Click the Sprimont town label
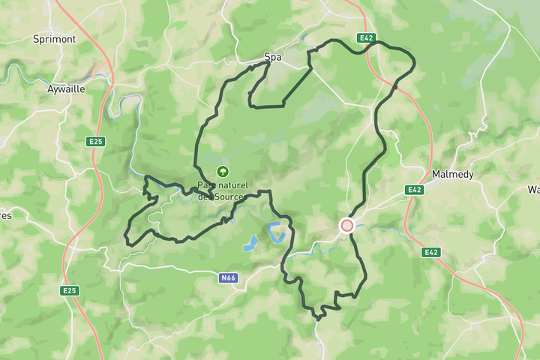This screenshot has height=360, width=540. click(53, 38)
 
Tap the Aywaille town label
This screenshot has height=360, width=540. click(66, 88)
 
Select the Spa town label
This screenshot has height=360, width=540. click(272, 56)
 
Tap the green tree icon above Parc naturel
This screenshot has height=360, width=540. click(222, 171)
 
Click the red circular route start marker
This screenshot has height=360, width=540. click(346, 225)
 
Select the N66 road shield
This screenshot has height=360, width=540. click(228, 278)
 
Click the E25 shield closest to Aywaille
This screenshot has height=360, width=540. click(95, 141)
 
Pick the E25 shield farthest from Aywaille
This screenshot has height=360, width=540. click(70, 290)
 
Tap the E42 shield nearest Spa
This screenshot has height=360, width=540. click(366, 37)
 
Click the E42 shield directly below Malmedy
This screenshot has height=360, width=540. click(415, 190)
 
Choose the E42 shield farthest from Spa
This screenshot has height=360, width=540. click(430, 253)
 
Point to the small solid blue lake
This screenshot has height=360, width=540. click(250, 244)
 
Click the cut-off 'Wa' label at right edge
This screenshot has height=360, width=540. click(533, 190)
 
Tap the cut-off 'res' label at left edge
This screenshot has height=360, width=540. click(5, 215)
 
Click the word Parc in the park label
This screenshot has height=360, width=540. click(205, 185)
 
